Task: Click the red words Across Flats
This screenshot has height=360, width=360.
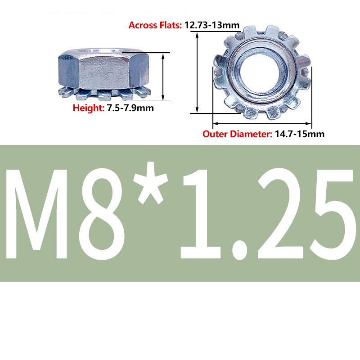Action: point(155,25)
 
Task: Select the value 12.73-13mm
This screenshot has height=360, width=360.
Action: point(212,25)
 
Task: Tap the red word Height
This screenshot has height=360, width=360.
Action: point(88,108)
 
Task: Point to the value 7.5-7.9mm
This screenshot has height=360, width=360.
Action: point(130,108)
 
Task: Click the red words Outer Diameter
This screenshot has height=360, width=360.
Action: point(238,134)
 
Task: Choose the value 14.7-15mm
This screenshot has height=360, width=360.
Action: point(300,134)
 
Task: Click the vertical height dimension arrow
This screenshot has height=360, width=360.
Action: point(163,77)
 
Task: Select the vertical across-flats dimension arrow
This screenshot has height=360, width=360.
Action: point(197,72)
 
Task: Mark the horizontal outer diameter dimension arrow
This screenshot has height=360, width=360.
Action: point(262,123)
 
